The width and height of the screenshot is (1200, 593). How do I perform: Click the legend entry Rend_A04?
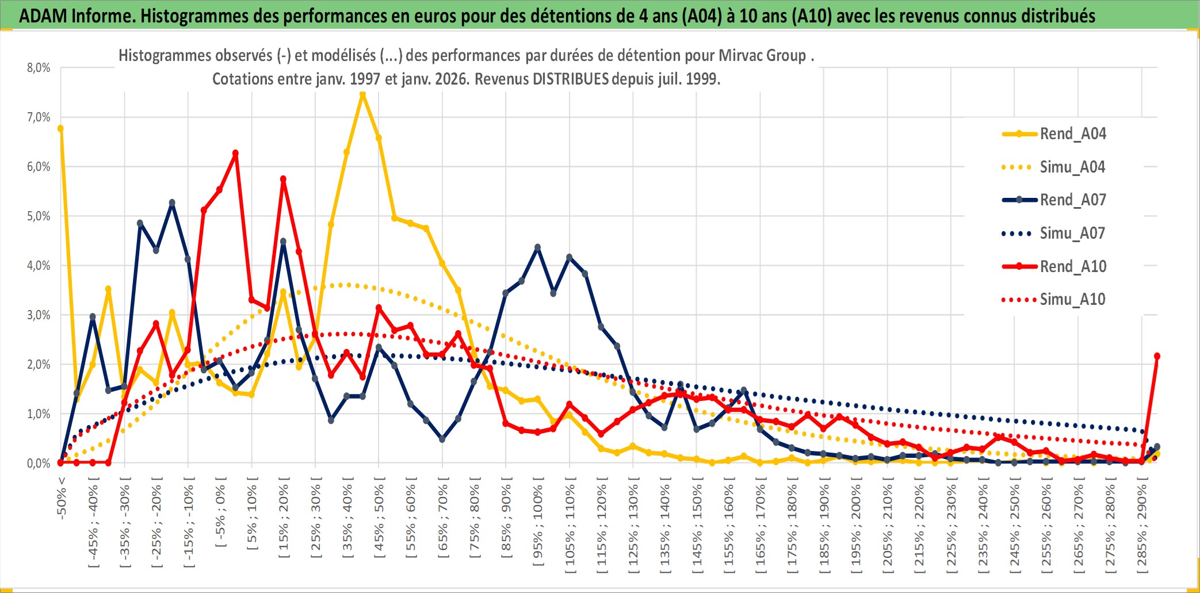tap(1072, 134)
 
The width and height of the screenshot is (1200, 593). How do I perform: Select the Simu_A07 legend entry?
tap(1072, 234)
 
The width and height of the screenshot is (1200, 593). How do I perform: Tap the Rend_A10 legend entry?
tap(1072, 267)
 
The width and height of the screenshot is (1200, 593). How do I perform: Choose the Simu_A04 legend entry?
tap(1072, 167)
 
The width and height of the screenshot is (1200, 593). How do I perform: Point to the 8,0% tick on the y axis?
tap(39, 68)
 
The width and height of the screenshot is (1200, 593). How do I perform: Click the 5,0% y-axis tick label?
tap(39, 216)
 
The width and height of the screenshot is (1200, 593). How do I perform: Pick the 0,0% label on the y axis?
tap(39, 463)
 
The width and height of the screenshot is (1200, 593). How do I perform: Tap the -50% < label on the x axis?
tap(62, 498)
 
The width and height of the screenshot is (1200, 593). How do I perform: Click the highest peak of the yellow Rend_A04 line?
tap(362, 94)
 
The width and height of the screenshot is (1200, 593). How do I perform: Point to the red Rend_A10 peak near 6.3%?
tap(235, 154)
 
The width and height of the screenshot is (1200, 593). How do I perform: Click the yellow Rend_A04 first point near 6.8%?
tap(60, 129)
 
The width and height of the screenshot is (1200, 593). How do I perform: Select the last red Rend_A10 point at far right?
tap(1157, 356)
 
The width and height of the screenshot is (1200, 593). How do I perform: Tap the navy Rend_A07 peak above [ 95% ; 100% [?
tap(537, 247)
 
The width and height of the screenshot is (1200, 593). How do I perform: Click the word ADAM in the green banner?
tap(43, 16)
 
